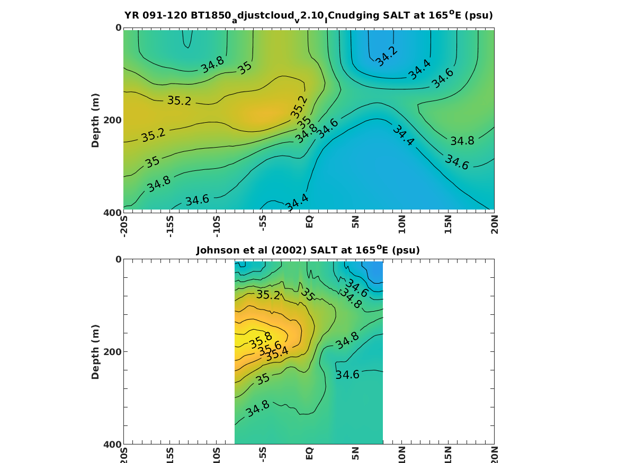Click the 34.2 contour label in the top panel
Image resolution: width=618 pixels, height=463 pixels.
386,56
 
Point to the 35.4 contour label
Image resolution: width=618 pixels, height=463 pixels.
277,354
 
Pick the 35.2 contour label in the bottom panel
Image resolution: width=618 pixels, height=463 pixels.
268,295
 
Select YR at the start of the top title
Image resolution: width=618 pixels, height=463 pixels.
131,16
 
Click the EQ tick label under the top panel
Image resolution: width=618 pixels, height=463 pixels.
310,221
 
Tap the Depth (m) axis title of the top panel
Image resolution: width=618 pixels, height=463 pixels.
95,120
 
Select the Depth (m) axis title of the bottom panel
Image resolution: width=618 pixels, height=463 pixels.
95,352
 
